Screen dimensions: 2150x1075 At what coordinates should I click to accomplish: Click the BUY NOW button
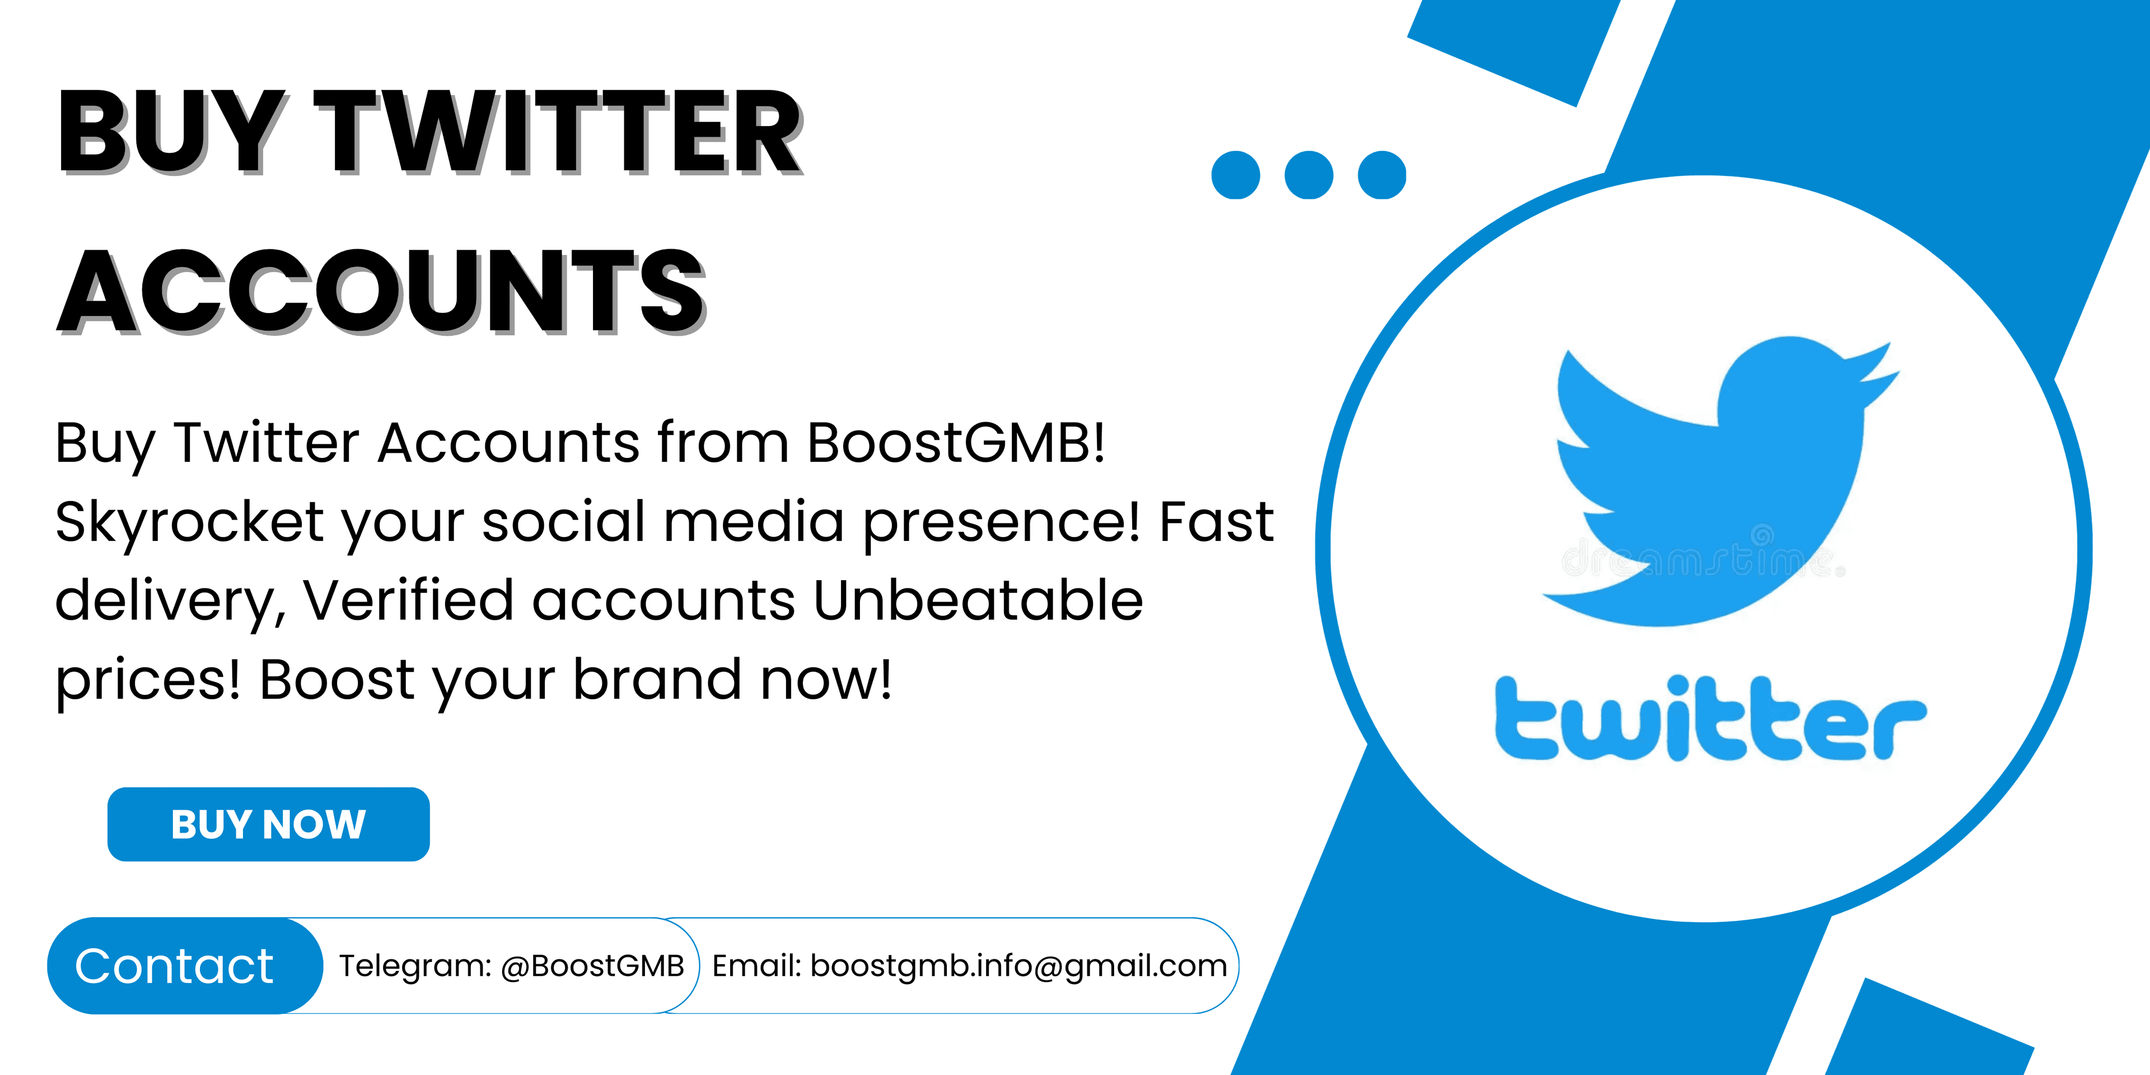tap(269, 824)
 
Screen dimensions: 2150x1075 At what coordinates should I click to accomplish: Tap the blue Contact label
tap(175, 966)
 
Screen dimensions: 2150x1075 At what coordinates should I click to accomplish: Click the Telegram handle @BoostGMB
tap(592, 966)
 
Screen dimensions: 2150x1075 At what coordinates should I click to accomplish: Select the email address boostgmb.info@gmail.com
tap(1019, 966)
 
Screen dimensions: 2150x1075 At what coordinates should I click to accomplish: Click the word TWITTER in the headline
tap(558, 132)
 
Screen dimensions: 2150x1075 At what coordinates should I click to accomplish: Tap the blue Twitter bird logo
tap(1719, 480)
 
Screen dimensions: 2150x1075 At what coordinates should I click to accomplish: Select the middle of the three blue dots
tap(1308, 175)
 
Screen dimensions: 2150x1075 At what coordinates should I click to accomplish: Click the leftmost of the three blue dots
tap(1235, 175)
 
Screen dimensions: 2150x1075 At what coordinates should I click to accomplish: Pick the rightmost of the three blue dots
tap(1382, 175)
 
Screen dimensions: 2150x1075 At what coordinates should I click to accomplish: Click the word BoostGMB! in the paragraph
tap(956, 442)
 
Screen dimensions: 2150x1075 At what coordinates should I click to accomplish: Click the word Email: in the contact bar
tap(756, 966)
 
